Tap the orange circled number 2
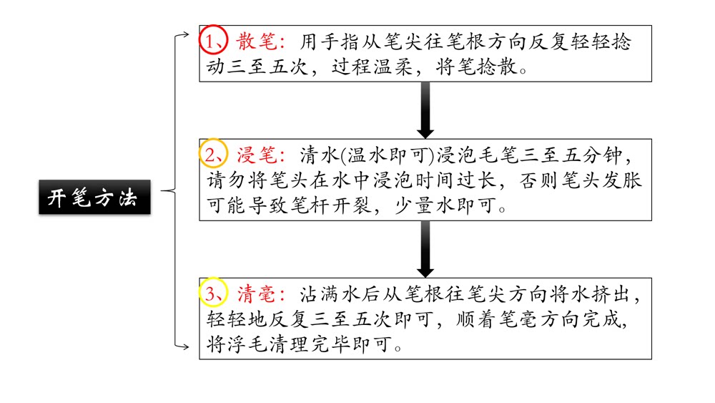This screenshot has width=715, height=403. point(212,155)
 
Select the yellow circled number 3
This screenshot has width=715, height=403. point(212,293)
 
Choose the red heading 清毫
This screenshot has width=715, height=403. point(256,294)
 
